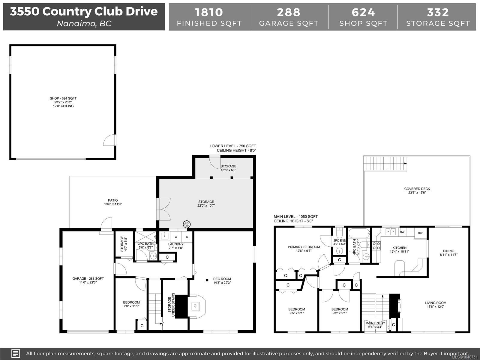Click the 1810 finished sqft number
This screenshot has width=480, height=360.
tap(209, 12)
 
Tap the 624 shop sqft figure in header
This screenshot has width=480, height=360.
tap(363, 12)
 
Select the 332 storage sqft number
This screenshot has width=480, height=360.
tap(438, 12)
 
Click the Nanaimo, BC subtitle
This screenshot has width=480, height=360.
tap(84, 24)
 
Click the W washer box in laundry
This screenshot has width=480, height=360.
tap(176, 237)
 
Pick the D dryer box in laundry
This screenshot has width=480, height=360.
tap(187, 237)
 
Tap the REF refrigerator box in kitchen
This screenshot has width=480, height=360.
tap(421, 233)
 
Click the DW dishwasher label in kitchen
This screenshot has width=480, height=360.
tap(402, 232)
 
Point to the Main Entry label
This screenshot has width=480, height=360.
tap(375, 323)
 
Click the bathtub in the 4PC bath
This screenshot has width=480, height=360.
tap(359, 233)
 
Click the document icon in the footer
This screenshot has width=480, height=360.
tap(16, 353)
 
